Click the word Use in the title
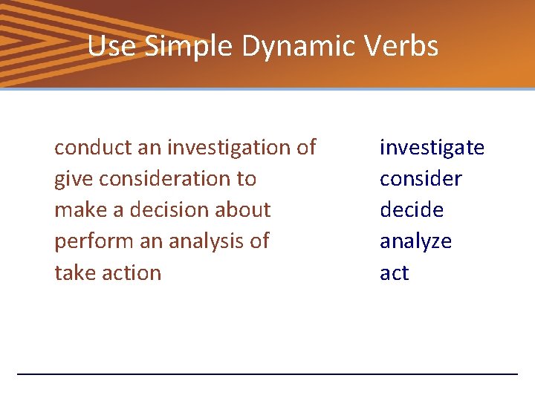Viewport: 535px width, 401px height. tap(111, 46)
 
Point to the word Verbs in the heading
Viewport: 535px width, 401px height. tap(405, 46)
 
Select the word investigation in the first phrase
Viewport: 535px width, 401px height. tap(230, 148)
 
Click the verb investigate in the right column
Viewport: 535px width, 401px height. tap(432, 148)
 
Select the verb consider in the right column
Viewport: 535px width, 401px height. tap(421, 179)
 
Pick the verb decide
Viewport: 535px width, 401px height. tap(412, 210)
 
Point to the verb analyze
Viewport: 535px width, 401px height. tap(415, 241)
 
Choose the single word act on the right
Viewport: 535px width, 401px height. tap(394, 273)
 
